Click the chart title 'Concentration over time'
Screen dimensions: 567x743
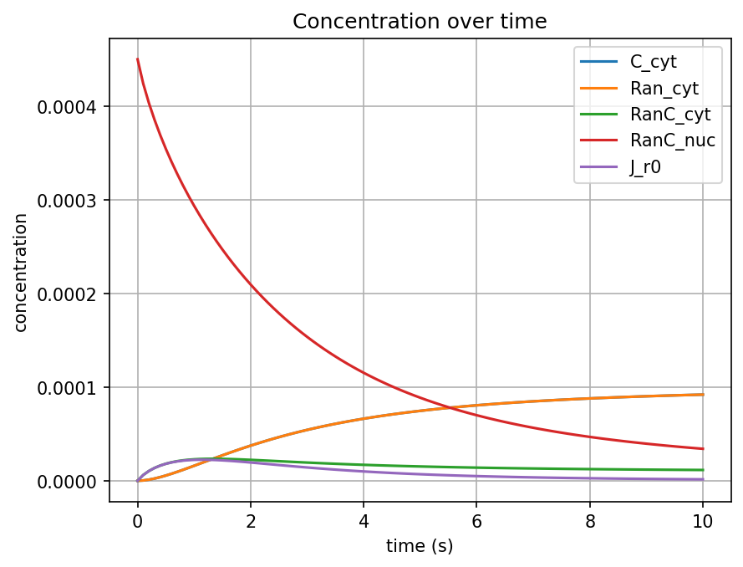(x=420, y=22)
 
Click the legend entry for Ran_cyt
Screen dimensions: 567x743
(x=664, y=87)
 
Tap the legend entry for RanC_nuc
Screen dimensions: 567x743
(x=667, y=140)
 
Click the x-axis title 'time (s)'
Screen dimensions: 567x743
(x=420, y=546)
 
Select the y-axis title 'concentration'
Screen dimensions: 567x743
(x=21, y=272)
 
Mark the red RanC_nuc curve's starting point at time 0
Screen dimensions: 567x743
(x=137, y=59)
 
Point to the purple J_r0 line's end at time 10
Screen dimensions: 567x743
(x=703, y=479)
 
